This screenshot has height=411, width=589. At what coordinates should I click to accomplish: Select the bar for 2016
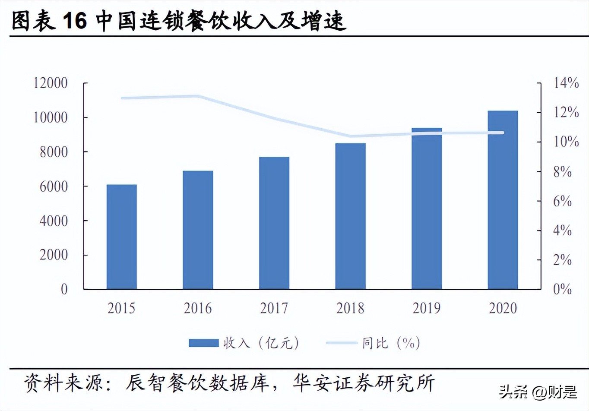coord(198,230)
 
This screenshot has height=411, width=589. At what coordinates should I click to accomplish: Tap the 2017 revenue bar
coord(274,223)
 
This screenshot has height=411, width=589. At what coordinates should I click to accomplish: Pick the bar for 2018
coord(350,216)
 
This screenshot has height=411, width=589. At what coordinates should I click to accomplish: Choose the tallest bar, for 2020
coord(503,200)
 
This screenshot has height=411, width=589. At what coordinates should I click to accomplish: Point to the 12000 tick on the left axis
coord(51,83)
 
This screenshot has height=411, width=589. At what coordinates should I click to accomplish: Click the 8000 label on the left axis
coord(54,152)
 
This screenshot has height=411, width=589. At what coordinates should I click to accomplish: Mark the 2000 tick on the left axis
coord(54,255)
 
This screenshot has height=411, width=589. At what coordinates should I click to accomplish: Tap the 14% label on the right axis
coord(566,83)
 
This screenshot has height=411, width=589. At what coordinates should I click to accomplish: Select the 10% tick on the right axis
coord(566,142)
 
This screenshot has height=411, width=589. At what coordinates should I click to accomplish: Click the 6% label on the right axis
coord(563,201)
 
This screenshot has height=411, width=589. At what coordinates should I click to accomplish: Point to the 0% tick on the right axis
coord(563,289)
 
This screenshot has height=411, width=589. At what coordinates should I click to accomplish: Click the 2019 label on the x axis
coord(427,308)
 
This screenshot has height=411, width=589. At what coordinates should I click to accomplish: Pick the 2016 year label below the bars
coord(198,308)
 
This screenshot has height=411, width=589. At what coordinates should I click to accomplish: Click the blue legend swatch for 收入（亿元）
coord(204,343)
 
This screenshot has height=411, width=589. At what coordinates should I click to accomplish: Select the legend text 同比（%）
coord(391,343)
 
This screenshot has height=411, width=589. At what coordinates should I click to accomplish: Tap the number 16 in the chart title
coord(75,21)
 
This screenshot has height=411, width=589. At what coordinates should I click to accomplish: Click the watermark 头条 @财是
coord(538,392)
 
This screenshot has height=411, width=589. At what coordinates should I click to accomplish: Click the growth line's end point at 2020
coord(503,133)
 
